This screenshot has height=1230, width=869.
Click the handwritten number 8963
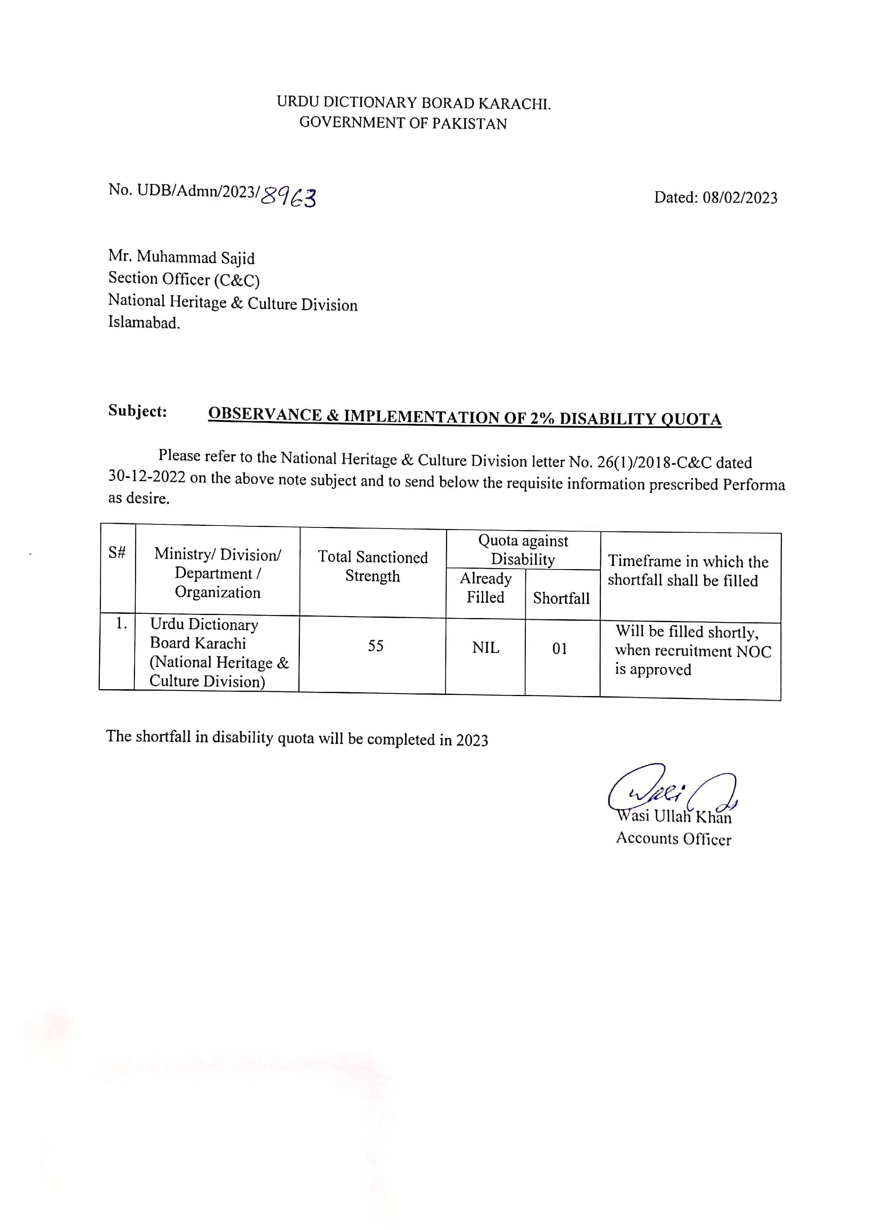coord(288,197)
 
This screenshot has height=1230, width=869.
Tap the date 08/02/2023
coord(739,198)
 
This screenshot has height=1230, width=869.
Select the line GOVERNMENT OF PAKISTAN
coord(403,123)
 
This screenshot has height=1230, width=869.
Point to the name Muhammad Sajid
coord(195,258)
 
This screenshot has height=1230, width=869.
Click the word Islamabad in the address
coord(143,322)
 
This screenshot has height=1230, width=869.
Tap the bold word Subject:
coord(138,411)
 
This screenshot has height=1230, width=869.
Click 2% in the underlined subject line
coord(542,418)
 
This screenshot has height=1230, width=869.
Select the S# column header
coord(117,552)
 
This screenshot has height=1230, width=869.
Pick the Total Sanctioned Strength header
coord(373,566)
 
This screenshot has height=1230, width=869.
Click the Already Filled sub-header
coord(485,588)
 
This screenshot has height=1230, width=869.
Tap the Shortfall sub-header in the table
coord(561,598)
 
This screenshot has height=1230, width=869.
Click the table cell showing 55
coord(375,646)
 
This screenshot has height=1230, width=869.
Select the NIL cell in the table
coord(485,648)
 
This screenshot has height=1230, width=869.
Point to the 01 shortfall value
coord(560,649)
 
